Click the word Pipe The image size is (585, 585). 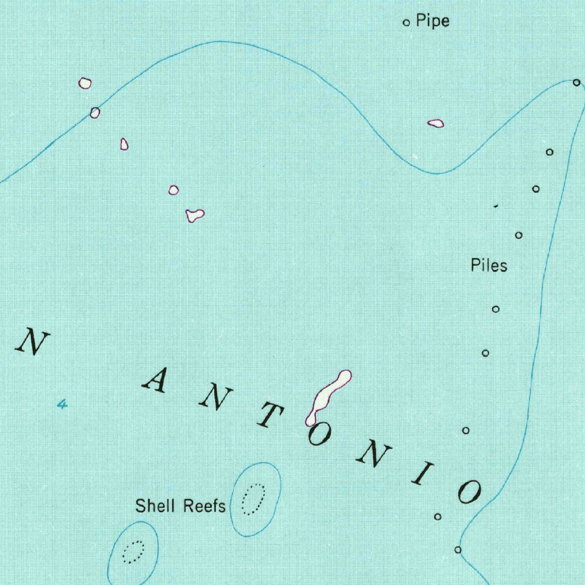coord(432,21)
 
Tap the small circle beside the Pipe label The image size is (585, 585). coord(407,23)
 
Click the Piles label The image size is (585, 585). coord(488,265)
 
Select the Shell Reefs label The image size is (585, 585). coord(180,506)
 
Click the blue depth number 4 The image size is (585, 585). coord(62,404)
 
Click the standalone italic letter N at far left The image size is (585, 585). coord(33,341)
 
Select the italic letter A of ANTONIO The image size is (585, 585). coord(154,380)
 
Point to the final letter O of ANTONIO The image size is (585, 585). coord(470,491)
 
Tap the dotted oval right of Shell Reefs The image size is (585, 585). coord(253,499)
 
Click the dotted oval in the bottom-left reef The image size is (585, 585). coord(134,551)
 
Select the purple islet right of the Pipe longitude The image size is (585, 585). coord(435,123)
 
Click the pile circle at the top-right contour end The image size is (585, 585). coord(576,83)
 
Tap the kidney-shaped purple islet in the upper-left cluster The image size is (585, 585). coord(195,215)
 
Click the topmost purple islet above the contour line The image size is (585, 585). coord(85,83)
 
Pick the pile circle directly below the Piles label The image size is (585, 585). coord(496,309)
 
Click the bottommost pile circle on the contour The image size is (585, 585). coord(458,550)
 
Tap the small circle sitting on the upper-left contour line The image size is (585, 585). coord(95,113)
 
